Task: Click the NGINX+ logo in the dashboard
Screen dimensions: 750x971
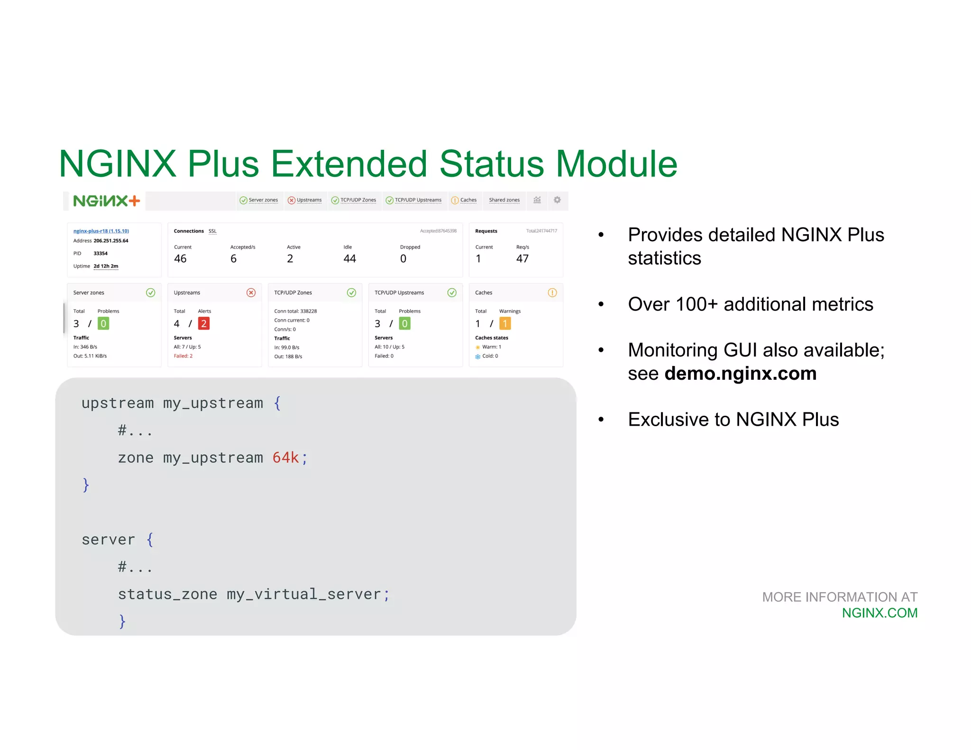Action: [x=107, y=201]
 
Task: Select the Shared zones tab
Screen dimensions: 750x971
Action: [x=504, y=200]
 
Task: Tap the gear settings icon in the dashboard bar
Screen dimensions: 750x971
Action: [x=557, y=200]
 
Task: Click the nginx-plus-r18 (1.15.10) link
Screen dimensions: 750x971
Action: [x=101, y=231]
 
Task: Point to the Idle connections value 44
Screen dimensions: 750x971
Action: [x=349, y=258]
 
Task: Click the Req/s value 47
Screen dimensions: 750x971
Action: [x=522, y=258]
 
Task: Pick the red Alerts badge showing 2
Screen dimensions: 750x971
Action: [x=203, y=323]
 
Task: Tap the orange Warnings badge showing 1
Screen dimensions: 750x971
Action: [x=505, y=323]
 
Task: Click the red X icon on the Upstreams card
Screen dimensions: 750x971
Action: [x=251, y=293]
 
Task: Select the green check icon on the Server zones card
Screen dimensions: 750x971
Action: [x=150, y=293]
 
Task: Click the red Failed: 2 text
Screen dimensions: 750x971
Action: [x=183, y=356]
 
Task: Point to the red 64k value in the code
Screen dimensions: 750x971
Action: [x=285, y=457]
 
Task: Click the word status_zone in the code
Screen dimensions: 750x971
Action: [x=167, y=594]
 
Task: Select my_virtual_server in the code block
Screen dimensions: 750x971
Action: [x=303, y=594]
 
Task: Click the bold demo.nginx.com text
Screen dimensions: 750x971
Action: [x=740, y=374]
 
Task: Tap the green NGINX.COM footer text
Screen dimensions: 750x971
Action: [x=879, y=613]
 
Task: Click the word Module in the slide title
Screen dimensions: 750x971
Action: [x=616, y=164]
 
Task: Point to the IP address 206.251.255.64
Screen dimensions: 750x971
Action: [x=111, y=241]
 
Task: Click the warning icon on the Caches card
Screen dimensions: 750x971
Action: [x=552, y=293]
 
